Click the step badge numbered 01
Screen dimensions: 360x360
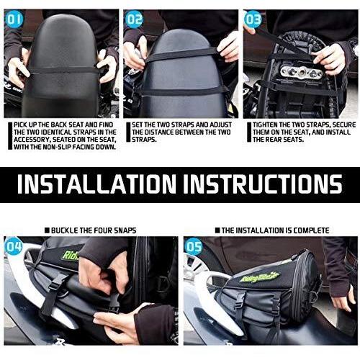(15, 19)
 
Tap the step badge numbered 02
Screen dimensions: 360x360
(135, 19)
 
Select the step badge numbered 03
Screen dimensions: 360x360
(253, 19)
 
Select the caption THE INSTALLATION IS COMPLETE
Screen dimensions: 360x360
(276, 230)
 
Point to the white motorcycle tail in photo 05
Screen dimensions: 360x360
(198, 295)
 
